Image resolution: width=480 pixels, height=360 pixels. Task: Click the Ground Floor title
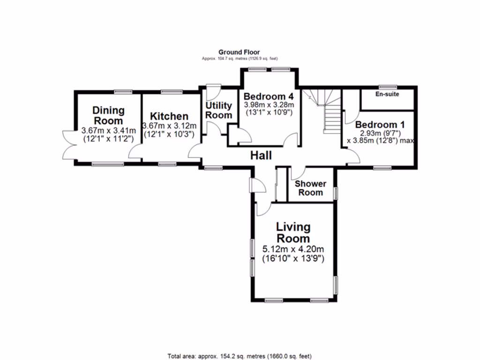point(239,52)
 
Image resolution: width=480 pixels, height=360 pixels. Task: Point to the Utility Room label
point(219,111)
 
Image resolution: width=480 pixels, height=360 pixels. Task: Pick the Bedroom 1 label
point(380,125)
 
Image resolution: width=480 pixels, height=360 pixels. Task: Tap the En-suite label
point(387,94)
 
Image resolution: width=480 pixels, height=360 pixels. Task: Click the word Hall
point(261,156)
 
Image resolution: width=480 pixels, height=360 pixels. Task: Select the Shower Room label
point(310,188)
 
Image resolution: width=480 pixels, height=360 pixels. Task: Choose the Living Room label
point(293,232)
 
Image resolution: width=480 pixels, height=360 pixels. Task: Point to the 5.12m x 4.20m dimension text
point(293,249)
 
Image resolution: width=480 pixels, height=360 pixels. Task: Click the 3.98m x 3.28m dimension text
point(269,105)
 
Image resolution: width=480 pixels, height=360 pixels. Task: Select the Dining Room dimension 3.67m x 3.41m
point(108,130)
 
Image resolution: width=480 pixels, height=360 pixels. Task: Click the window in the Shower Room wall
point(335,193)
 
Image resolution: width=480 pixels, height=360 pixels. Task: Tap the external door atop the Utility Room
point(213,88)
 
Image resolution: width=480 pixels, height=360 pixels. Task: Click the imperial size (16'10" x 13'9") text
point(293,258)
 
